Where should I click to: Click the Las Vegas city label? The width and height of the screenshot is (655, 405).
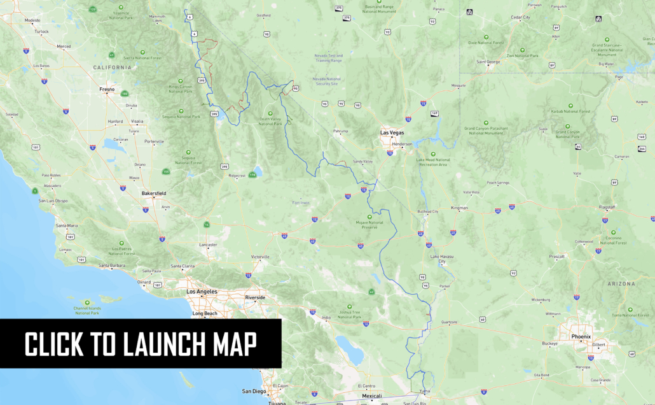tap(392, 132)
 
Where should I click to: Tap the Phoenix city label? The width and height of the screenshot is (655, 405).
tap(581, 336)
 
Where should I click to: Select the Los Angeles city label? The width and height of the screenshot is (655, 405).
tap(202, 292)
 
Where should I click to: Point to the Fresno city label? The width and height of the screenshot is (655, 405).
tap(107, 90)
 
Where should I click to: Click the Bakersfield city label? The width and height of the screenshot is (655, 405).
tap(153, 192)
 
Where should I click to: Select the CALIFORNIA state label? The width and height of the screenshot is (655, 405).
tap(112, 67)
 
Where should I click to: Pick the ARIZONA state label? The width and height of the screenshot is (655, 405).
tap(621, 283)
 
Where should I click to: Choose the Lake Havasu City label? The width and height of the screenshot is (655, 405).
tap(442, 259)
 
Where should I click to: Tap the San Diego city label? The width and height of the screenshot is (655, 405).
tap(254, 391)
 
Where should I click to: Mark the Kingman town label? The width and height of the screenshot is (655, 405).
tap(459, 208)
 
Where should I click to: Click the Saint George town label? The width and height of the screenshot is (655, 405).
tap(489, 62)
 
